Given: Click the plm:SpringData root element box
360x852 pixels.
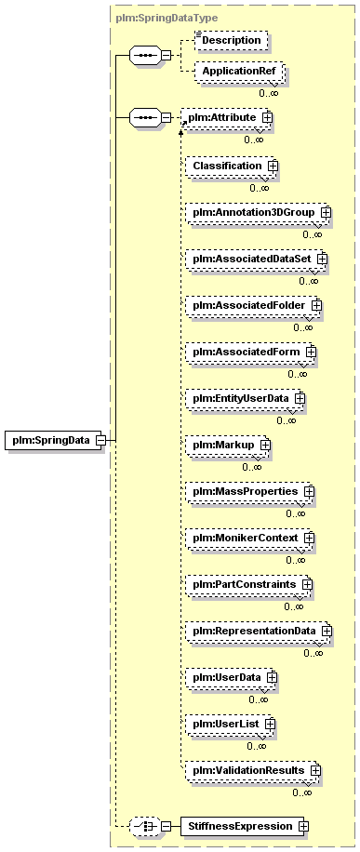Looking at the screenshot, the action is point(55,440).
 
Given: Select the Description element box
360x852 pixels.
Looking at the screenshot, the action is point(233,40).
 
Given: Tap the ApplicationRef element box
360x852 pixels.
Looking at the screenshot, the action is point(240,72).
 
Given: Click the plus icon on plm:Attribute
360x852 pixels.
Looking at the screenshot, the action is point(267,117).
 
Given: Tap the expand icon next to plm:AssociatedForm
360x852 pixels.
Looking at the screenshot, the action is point(311,353).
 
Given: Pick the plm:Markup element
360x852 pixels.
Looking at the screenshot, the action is point(228,445).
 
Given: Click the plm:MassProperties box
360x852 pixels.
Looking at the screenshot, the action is point(249,491).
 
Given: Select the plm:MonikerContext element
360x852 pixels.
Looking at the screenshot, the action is point(249,538).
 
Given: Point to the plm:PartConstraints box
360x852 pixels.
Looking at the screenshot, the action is point(249,585).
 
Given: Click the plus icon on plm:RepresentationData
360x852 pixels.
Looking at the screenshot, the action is point(327,632).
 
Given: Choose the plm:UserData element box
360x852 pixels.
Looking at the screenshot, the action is point(231,678).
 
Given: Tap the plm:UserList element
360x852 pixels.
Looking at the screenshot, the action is point(231,725).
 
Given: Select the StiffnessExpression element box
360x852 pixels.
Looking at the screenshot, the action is point(245,827).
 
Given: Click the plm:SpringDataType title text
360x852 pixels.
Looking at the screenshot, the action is point(167,18).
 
